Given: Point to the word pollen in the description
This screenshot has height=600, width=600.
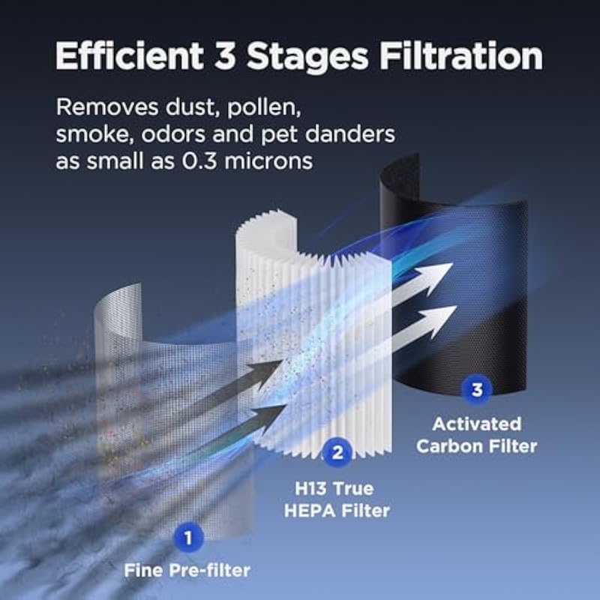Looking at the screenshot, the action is point(264,109).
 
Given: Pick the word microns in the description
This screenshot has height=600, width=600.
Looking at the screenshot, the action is point(268,161).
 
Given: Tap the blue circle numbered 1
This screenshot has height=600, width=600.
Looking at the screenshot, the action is point(188,538).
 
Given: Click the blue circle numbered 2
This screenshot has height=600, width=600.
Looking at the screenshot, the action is point(337,453).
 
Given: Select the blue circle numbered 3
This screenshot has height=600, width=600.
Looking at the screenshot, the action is point(477,390).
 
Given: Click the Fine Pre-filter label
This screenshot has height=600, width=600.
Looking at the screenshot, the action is point(187,571).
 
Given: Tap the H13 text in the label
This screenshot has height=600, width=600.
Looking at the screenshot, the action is point(310,489).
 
